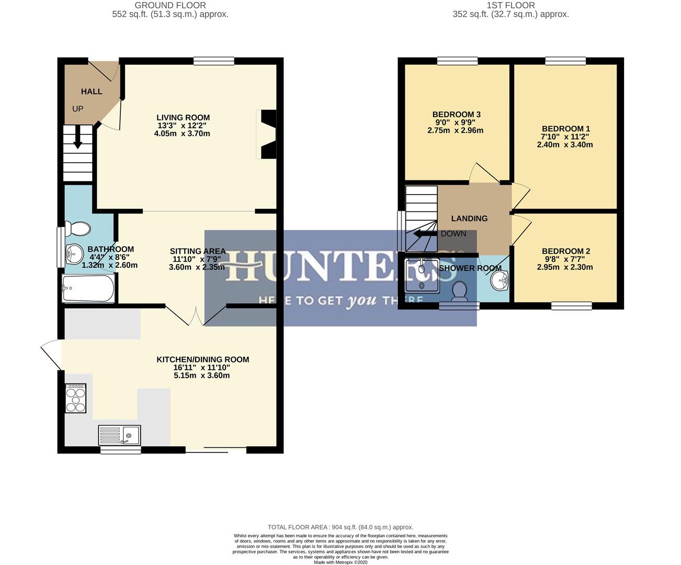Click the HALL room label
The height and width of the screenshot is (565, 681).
click(92, 92)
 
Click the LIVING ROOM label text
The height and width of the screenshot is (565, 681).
click(183, 118)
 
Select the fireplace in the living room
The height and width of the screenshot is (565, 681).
click(267, 134)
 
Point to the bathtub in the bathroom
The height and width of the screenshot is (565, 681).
click(88, 289)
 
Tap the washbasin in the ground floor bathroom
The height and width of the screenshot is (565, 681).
click(74, 255)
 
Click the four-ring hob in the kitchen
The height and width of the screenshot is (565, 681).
click(75, 399)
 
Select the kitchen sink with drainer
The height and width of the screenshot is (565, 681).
click(119, 435)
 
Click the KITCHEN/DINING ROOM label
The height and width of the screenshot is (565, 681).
click(202, 359)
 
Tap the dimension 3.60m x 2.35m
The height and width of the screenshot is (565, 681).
click(197, 267)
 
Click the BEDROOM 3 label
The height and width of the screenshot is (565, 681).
click(456, 115)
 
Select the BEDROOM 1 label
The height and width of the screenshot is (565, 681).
click(565, 129)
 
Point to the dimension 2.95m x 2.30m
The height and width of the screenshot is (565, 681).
click(565, 267)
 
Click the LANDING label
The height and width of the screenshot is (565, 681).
click(469, 219)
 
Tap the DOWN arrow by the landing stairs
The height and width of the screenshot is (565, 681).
click(424, 234)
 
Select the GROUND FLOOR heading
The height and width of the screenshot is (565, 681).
click(170, 5)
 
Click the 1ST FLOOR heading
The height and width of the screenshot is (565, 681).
click(510, 5)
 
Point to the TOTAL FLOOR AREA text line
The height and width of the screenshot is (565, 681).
click(340, 527)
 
